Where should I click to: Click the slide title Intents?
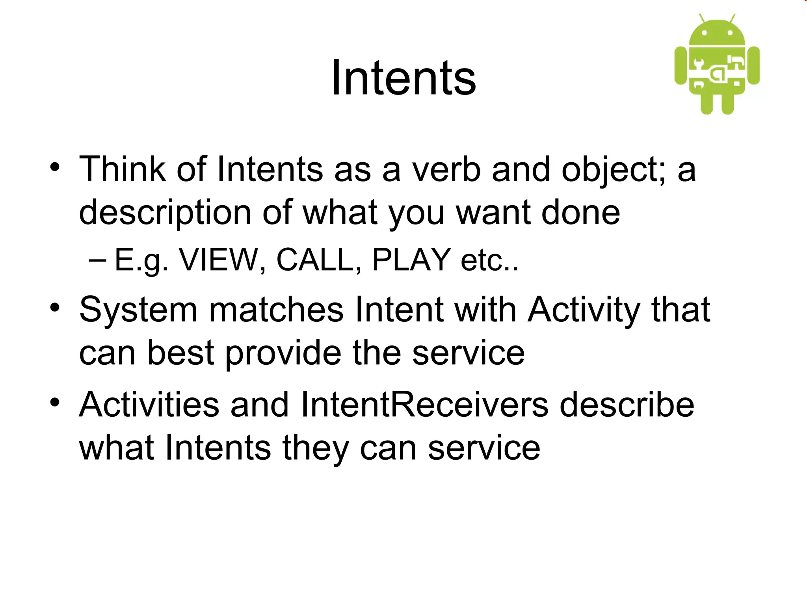403,78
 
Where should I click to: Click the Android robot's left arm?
681,65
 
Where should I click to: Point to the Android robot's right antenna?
732,19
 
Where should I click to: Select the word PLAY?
411,260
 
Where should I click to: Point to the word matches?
276,310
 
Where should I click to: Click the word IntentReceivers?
424,405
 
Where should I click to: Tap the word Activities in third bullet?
149,405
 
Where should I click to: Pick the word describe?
627,405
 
